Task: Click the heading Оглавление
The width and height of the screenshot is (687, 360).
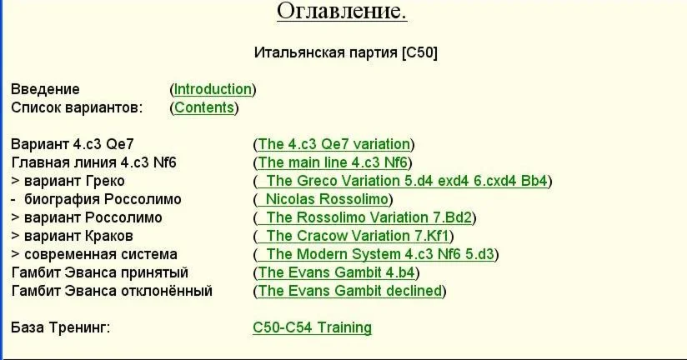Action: (x=342, y=11)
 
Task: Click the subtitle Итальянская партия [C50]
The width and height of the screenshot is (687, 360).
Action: (x=346, y=52)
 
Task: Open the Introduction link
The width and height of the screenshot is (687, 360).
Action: (x=213, y=89)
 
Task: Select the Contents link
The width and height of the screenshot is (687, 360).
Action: (x=204, y=107)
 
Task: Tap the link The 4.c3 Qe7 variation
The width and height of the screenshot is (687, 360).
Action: (x=333, y=144)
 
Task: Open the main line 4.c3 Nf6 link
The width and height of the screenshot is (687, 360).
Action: (x=333, y=162)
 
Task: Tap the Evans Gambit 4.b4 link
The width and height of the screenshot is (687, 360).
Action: (x=336, y=272)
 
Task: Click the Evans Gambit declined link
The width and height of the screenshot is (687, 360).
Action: (x=349, y=291)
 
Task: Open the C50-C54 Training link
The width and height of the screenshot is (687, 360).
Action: (x=313, y=327)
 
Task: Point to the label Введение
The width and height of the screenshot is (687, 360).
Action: (x=46, y=89)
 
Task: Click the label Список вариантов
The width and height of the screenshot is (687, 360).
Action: (x=77, y=107)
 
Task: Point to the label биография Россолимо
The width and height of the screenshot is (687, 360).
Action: (x=103, y=199)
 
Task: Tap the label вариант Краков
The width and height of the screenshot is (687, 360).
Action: (x=78, y=236)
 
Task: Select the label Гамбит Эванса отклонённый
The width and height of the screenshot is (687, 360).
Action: (x=112, y=291)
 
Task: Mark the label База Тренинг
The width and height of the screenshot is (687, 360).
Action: (x=61, y=327)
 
